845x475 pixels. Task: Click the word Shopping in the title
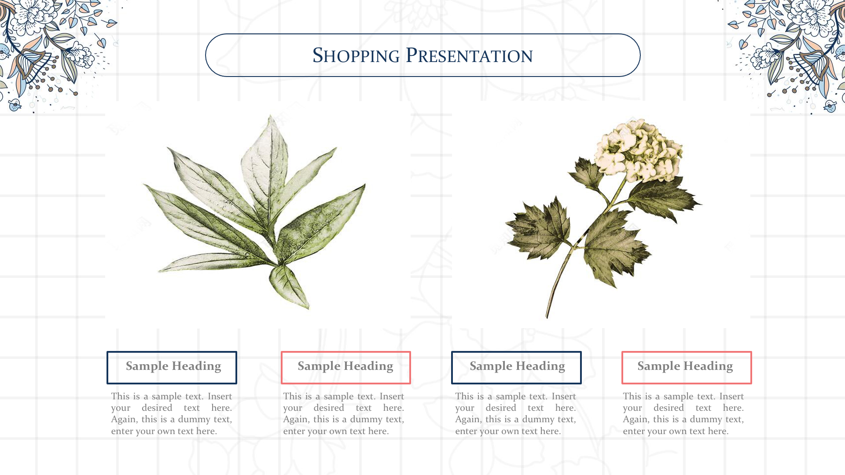(356, 55)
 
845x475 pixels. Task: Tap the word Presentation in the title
(469, 55)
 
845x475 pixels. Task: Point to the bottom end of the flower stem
(547, 317)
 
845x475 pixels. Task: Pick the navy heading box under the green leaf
(172, 367)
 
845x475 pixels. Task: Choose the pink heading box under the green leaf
(345, 367)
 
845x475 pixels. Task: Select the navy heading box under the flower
(516, 367)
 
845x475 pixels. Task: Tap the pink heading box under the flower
(687, 367)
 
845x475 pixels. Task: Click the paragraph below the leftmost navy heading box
(172, 413)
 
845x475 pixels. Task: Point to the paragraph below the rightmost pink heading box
(683, 413)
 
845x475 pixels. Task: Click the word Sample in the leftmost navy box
(147, 366)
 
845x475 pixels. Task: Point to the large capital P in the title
(411, 55)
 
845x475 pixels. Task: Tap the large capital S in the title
(318, 55)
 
